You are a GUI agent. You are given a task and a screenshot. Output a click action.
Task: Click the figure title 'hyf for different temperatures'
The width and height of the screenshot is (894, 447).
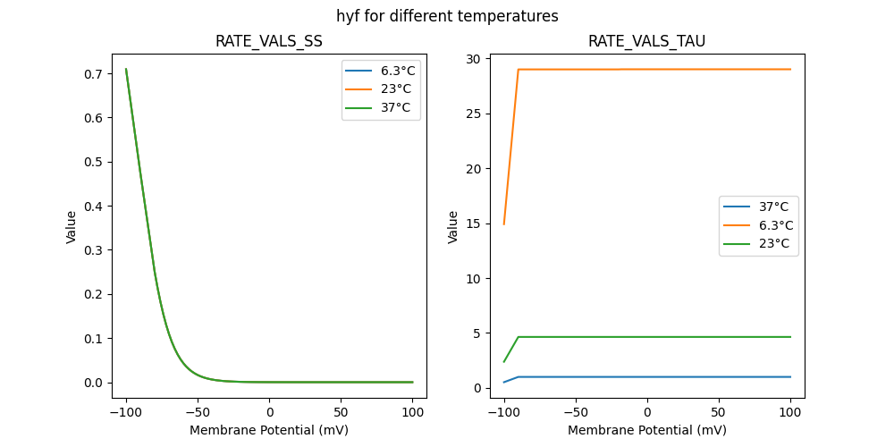coord(447,16)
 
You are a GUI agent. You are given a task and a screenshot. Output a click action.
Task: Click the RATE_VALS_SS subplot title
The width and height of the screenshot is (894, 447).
coord(269,41)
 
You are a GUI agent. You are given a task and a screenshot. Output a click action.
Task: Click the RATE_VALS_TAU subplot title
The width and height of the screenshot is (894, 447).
coord(646,41)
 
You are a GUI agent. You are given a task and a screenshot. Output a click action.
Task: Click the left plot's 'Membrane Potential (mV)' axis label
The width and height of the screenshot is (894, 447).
coord(269,430)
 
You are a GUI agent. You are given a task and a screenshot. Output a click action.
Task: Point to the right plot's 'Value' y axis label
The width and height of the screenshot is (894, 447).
coord(453,226)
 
